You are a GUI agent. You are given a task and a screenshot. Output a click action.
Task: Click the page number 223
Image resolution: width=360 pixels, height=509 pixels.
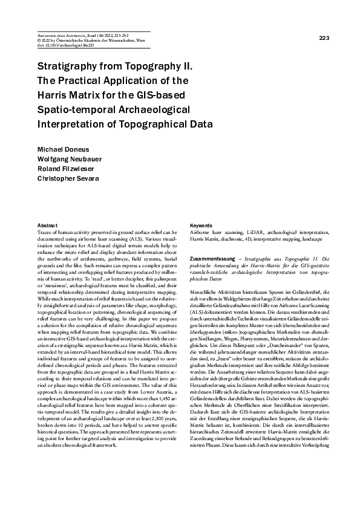tap(324, 38)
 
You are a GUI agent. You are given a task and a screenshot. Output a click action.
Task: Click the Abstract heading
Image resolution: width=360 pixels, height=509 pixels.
tap(48, 224)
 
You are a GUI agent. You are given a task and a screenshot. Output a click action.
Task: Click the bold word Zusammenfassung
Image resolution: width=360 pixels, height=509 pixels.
tap(211, 258)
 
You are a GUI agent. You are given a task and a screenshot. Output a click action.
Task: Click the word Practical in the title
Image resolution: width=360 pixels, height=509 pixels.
tap(79, 81)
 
